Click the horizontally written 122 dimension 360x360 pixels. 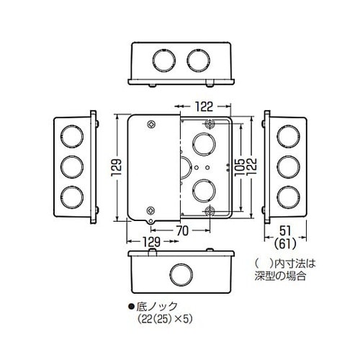coord(204,106)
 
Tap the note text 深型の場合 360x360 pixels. coord(287,275)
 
